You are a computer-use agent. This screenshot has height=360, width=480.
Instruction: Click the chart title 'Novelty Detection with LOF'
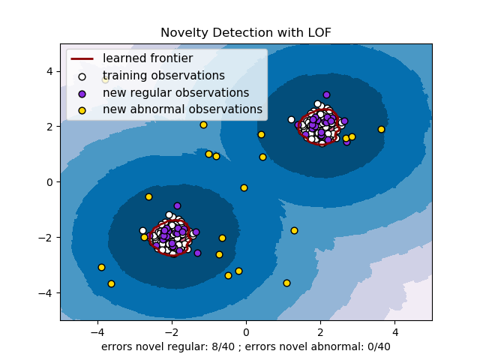246,33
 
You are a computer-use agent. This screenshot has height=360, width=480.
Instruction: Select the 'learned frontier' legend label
148,58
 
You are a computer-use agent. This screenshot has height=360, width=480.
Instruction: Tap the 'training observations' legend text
163,76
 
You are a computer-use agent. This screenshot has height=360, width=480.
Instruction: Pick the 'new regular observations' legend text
175,93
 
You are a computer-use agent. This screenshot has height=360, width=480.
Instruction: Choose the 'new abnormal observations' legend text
182,109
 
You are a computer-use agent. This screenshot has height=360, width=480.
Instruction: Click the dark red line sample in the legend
82,58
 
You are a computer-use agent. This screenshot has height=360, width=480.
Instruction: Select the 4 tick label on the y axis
50,71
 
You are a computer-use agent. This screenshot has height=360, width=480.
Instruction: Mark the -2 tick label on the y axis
47,238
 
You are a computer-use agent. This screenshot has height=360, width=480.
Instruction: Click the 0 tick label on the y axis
50,182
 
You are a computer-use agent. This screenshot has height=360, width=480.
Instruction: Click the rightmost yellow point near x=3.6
381,129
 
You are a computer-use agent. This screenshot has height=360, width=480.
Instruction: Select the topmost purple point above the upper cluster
326,94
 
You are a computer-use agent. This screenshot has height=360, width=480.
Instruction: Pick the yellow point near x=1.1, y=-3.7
286,283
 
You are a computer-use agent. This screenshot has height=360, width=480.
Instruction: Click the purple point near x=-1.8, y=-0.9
177,205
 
